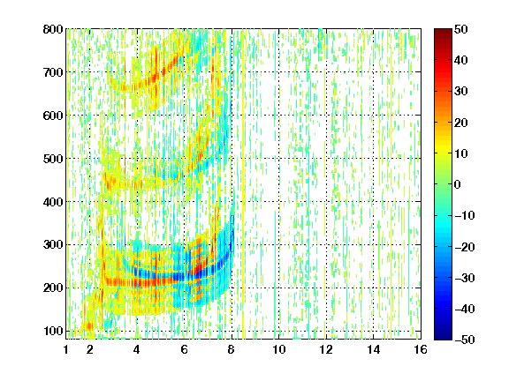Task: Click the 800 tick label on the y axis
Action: click(53, 29)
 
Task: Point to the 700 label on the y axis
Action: click(53, 72)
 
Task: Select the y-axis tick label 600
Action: click(53, 116)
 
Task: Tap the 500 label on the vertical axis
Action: click(53, 159)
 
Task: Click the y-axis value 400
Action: click(53, 202)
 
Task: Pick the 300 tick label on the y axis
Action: click(53, 245)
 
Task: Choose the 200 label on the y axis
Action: click(53, 288)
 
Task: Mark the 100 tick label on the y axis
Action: click(53, 331)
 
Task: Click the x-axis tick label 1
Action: click(66, 349)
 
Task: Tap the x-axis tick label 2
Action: click(90, 349)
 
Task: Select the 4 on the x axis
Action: click(137, 349)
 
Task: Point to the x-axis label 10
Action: click(279, 349)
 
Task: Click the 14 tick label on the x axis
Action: click(374, 349)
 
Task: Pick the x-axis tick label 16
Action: click(421, 349)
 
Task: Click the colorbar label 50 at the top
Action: click(461, 29)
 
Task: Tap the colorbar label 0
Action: click(458, 184)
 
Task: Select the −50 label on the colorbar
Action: click(465, 340)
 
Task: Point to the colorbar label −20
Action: click(465, 247)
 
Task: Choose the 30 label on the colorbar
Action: click(461, 92)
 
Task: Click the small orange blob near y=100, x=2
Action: click(88, 326)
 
